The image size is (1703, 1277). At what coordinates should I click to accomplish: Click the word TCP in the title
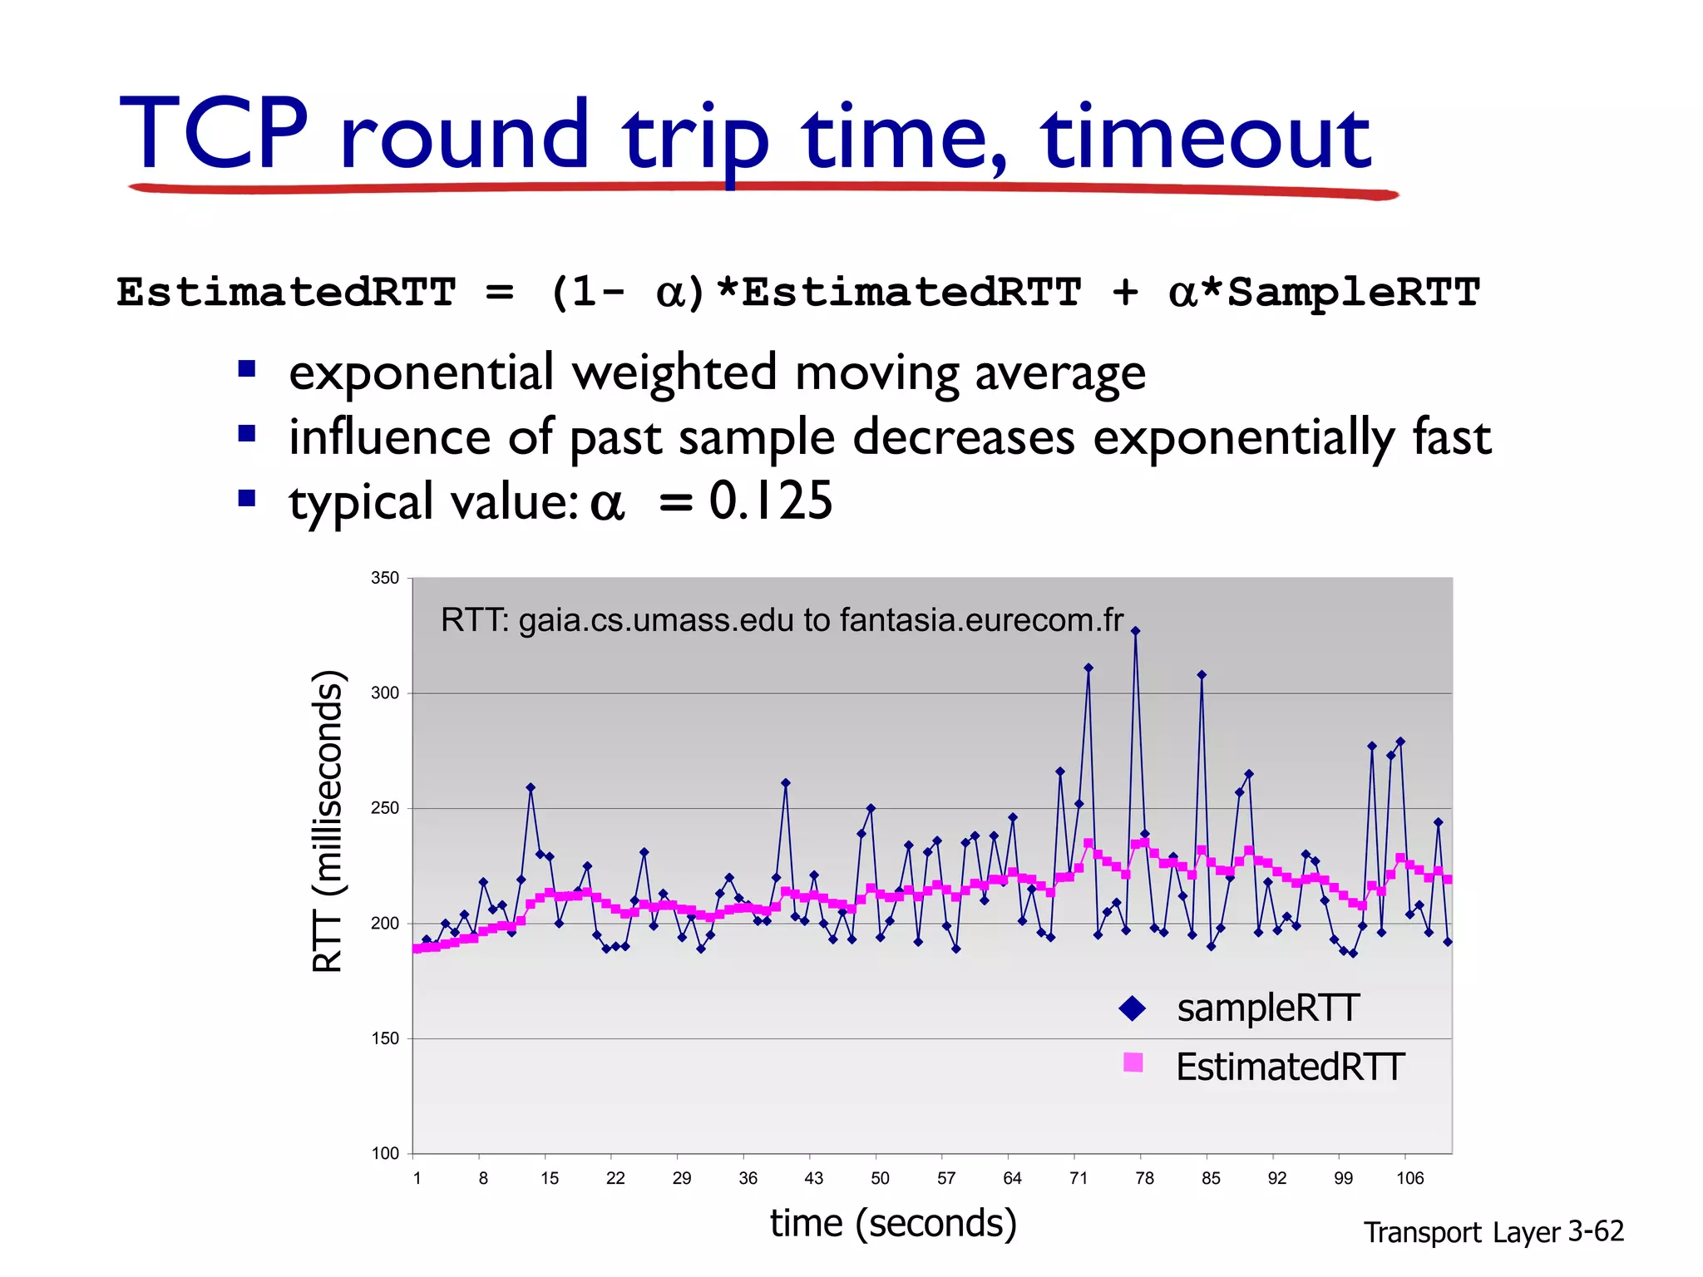point(215,135)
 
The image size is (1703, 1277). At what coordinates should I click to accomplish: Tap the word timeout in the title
point(1205,137)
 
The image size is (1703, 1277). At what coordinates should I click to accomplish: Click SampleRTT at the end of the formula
point(1353,293)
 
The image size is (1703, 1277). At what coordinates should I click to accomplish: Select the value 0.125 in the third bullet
point(770,501)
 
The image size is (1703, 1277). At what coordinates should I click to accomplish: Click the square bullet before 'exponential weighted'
point(246,368)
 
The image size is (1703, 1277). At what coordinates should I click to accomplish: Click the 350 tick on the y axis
point(385,578)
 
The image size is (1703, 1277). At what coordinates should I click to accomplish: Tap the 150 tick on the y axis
point(385,1038)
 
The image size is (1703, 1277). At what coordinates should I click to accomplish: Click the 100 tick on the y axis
point(385,1153)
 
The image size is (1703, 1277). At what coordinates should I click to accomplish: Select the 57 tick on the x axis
point(946,1178)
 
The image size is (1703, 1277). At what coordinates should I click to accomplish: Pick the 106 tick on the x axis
point(1409,1178)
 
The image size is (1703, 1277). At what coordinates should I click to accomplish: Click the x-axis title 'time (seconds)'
point(893,1223)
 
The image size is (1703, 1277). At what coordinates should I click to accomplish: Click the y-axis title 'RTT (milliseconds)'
point(328,821)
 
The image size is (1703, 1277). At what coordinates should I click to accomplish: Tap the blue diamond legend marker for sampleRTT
point(1133,1008)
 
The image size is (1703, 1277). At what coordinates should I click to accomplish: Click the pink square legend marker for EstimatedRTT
point(1133,1063)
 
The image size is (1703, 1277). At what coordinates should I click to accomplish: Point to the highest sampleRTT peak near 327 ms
point(1136,631)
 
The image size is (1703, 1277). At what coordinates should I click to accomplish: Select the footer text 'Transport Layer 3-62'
point(1493,1231)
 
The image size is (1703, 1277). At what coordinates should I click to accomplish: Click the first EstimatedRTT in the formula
point(286,293)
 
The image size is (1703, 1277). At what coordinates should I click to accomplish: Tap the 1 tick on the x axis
point(417,1178)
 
